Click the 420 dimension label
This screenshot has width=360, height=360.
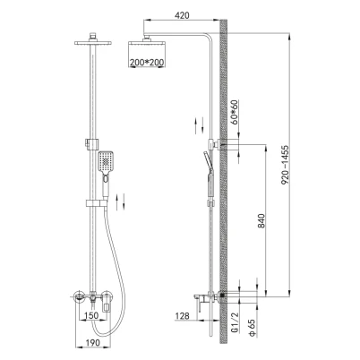click(x=181, y=14)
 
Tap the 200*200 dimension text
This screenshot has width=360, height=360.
click(x=147, y=63)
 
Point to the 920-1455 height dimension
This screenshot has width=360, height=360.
click(x=286, y=165)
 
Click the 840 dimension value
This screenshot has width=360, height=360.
click(x=261, y=220)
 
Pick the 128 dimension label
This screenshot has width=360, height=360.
click(x=182, y=315)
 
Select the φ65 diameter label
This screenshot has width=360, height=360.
click(x=252, y=328)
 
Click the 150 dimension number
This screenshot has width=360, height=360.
click(x=90, y=315)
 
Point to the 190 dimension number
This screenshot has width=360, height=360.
click(x=92, y=343)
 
